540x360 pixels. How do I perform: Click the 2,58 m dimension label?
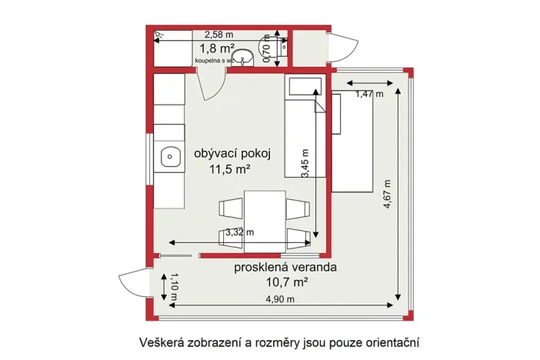click(x=219, y=35)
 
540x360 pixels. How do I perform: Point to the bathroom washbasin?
click(x=245, y=59)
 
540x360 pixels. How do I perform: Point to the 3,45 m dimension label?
click(x=306, y=163)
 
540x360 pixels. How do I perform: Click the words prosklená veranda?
click(x=286, y=268)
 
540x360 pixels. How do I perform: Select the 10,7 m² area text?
click(x=286, y=282)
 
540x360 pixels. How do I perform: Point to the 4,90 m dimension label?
click(x=279, y=299)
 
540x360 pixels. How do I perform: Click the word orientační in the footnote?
click(x=392, y=341)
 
